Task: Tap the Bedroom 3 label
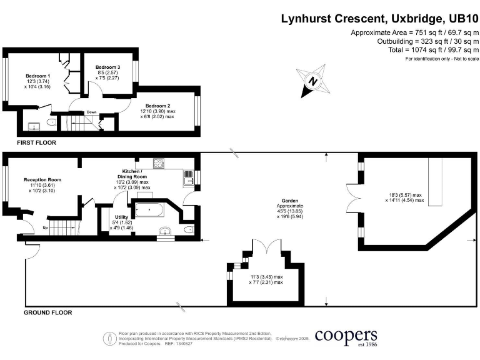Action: (107, 67)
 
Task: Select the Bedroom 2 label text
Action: (157, 105)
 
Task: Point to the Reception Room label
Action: (42, 179)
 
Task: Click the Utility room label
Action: (121, 217)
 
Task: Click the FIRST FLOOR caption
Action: (36, 143)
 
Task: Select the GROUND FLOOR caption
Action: (47, 312)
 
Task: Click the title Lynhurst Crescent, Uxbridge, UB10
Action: (379, 19)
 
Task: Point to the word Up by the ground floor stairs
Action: (44, 227)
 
